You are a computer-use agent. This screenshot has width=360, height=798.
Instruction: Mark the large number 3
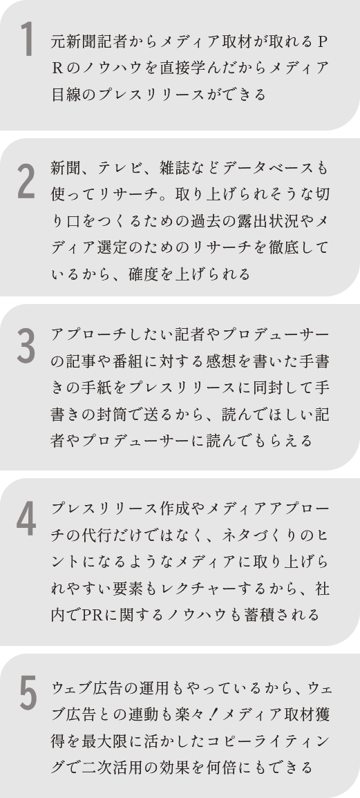[x=26, y=345]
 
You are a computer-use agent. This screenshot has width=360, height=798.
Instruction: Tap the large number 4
[x=26, y=519]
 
